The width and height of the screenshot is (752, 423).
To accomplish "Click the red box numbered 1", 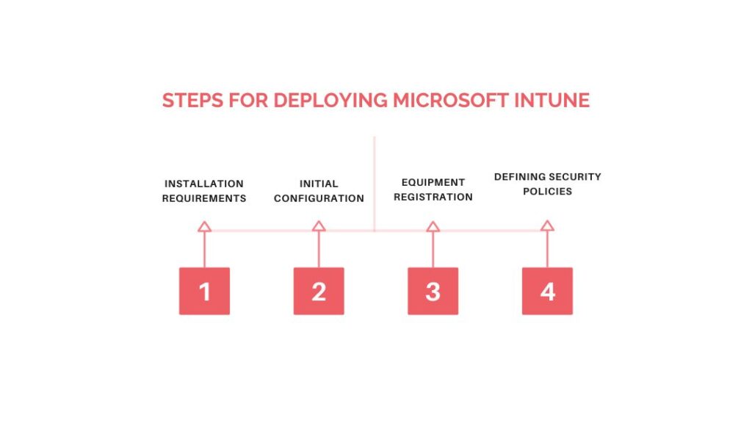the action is tap(204, 291).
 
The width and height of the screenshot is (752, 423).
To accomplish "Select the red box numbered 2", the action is tap(319, 291).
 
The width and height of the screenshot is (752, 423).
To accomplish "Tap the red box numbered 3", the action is tap(433, 291).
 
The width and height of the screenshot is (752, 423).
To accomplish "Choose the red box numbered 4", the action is tap(547, 291).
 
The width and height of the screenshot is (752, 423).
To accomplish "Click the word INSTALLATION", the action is tap(204, 184).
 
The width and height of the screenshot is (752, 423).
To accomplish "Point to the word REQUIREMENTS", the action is tap(204, 198).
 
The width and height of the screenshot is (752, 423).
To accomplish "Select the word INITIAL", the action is tap(319, 184).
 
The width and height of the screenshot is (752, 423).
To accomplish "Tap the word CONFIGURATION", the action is tap(319, 198).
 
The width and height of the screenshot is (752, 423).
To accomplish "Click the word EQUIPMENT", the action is tap(433, 182).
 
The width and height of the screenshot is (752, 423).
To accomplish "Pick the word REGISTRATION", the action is tap(433, 197).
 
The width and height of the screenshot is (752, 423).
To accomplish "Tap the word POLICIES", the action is tap(547, 191).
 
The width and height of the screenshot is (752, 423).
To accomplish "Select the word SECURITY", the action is tap(576, 176).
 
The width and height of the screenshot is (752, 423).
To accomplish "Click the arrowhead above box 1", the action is tap(204, 226).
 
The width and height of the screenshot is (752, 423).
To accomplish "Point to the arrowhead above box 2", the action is tap(319, 226).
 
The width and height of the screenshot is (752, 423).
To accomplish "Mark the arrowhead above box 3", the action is tap(433, 226).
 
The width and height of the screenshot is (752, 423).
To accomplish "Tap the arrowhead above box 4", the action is tap(547, 226).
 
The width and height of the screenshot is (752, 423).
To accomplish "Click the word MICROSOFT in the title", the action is tap(451, 100).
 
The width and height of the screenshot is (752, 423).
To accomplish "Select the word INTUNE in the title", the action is tap(552, 100).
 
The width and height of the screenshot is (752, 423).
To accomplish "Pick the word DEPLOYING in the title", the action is tap(330, 100).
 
